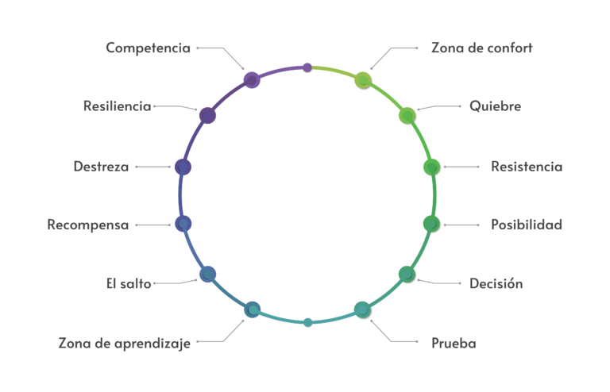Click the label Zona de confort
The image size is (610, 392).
click(481, 48)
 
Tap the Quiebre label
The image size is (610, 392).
click(495, 106)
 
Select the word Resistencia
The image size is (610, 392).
click(526, 167)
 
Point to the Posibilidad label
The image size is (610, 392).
click(526, 225)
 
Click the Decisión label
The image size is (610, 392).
click(496, 283)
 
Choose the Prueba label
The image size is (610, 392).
click(454, 344)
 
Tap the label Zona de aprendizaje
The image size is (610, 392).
click(125, 344)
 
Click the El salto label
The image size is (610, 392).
click(128, 283)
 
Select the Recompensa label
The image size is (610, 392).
click(87, 225)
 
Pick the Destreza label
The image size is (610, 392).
click(101, 167)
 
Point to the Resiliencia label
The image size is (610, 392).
click(117, 106)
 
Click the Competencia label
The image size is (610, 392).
click(148, 48)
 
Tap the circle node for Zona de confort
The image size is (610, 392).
click(363, 79)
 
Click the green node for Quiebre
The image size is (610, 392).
click(407, 116)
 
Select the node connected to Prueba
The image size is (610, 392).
click(363, 309)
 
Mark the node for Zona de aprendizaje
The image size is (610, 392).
click(252, 309)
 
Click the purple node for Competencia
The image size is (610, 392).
click(252, 79)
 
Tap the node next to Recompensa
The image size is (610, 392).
click(183, 224)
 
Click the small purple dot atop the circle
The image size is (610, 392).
click(307, 68)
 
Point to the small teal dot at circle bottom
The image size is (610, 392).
click(308, 322)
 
